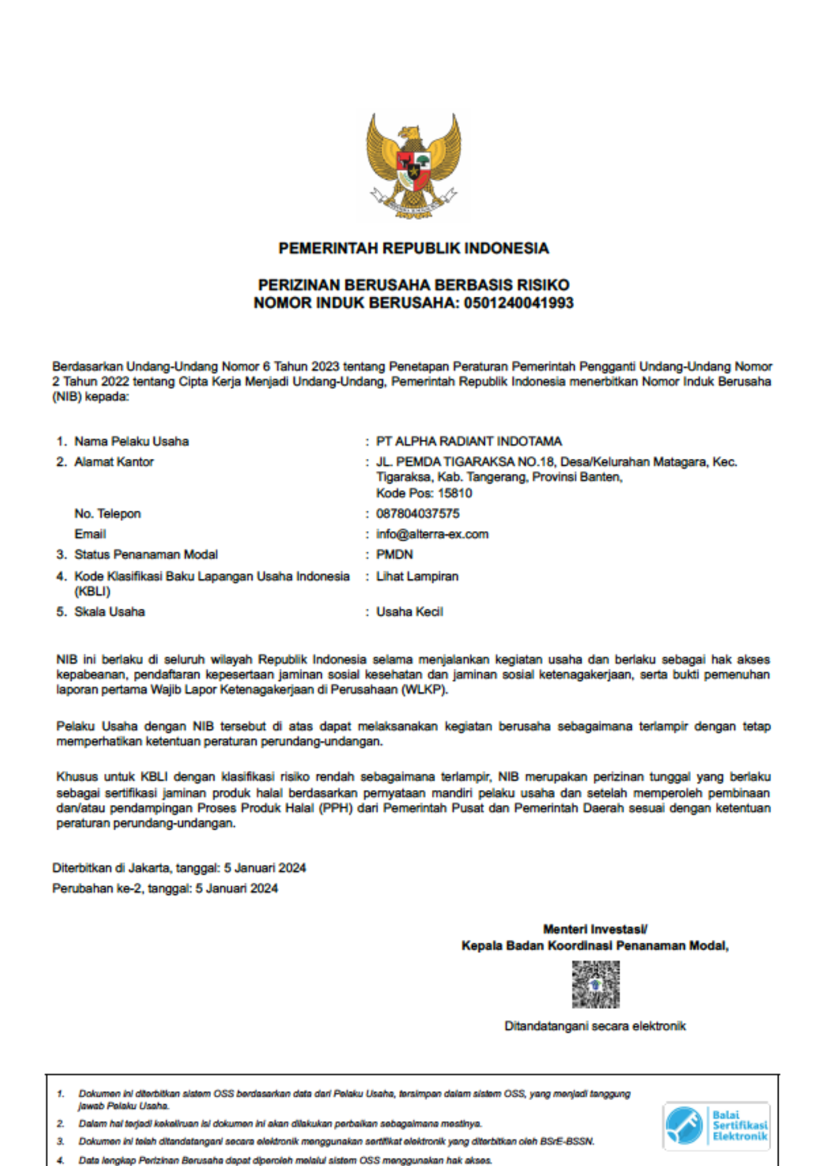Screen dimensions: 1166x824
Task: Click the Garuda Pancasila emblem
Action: tap(413, 166)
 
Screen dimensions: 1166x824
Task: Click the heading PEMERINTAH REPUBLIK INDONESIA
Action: tap(413, 248)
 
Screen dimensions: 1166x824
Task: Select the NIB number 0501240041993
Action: tap(519, 303)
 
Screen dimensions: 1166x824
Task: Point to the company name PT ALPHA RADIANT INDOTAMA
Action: tap(469, 441)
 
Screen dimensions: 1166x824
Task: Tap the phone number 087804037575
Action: tap(418, 514)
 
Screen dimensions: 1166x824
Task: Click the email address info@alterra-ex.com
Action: tap(432, 534)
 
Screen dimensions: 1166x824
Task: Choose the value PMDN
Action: tap(395, 554)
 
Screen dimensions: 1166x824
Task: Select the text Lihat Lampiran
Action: tap(417, 576)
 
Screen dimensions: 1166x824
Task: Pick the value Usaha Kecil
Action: tap(410, 612)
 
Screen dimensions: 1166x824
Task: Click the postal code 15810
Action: tap(455, 493)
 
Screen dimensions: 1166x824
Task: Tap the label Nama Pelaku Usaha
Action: tap(132, 441)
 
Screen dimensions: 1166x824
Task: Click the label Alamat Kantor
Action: tap(114, 462)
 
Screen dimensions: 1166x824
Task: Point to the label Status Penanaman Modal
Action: tap(146, 554)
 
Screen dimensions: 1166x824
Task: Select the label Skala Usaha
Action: tap(110, 612)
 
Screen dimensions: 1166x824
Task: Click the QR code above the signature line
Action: tap(596, 985)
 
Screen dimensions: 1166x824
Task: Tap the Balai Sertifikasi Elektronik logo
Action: tap(716, 1126)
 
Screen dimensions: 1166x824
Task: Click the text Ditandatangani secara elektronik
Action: tap(595, 1026)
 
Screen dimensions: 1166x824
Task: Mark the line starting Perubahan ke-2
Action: tap(165, 888)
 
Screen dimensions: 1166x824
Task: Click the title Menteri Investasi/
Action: tap(595, 929)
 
